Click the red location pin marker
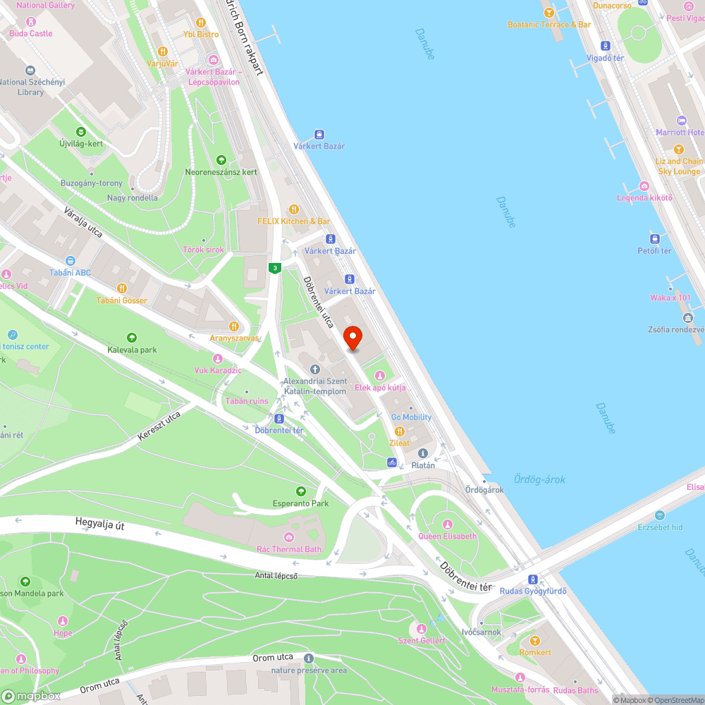352,338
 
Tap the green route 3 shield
274,268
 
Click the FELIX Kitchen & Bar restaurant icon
294,209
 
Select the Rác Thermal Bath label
289,549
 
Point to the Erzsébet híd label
660,527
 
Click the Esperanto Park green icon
301,491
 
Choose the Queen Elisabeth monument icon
447,524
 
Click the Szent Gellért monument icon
422,628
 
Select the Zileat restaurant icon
399,431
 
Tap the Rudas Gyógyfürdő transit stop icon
533,579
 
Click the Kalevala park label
132,350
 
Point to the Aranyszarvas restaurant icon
233,326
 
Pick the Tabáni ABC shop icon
70,261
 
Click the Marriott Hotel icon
680,121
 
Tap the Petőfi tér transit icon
654,238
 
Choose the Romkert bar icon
535,641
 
